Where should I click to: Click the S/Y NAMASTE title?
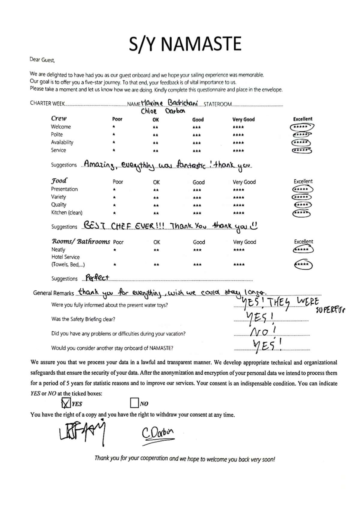click(x=185, y=44)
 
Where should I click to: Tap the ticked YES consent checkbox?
click(x=66, y=403)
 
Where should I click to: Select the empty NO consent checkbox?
click(x=134, y=403)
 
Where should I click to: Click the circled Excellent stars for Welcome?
click(x=301, y=127)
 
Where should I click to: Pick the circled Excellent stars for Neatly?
click(x=303, y=250)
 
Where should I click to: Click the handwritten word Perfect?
click(x=97, y=278)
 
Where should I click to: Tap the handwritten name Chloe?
click(x=149, y=111)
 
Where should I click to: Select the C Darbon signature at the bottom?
click(x=158, y=433)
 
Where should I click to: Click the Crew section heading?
click(x=59, y=118)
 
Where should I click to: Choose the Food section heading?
click(x=59, y=181)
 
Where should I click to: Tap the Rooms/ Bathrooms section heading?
click(x=81, y=242)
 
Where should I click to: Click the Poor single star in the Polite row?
click(x=114, y=135)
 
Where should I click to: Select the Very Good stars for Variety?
click(x=238, y=198)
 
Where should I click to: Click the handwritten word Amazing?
click(x=99, y=165)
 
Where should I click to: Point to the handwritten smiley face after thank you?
click(x=254, y=226)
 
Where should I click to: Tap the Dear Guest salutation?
click(x=42, y=60)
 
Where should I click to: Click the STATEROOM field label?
click(x=217, y=104)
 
